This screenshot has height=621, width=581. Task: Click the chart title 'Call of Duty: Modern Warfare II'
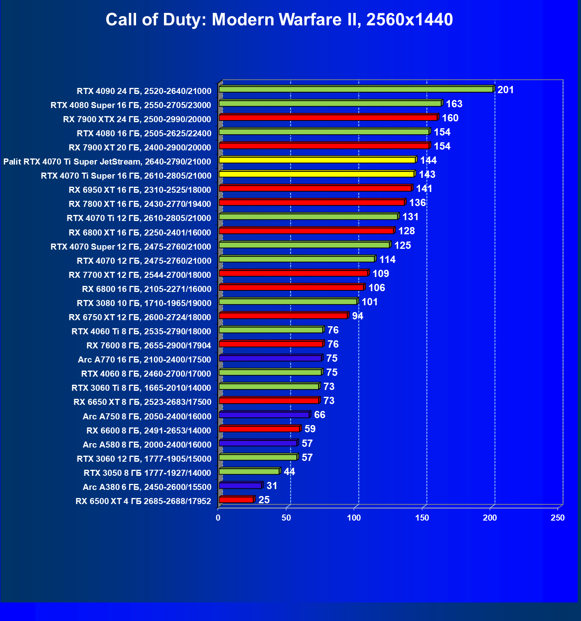[279, 19]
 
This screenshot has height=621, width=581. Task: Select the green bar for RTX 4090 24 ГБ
[355, 89]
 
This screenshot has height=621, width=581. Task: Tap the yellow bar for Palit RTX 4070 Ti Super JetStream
[317, 160]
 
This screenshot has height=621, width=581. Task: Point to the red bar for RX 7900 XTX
[328, 117]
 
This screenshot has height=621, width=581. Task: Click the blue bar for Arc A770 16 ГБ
[270, 358]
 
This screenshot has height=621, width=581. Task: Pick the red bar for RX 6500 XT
[236, 500]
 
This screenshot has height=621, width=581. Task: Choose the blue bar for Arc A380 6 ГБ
[240, 486]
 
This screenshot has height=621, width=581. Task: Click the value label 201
[505, 90]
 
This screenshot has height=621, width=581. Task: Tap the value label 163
[454, 104]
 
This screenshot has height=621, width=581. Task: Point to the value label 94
[357, 316]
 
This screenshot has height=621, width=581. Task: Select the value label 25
[264, 500]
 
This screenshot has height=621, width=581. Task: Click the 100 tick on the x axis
[354, 518]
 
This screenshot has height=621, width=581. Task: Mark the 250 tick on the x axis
[558, 518]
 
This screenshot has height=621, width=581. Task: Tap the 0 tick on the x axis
[218, 518]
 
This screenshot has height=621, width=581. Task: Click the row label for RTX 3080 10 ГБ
[144, 303]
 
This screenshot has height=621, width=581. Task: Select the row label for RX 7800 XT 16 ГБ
[140, 204]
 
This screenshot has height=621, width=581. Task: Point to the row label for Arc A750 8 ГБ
[147, 417]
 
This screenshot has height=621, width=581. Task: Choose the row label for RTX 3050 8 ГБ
[147, 473]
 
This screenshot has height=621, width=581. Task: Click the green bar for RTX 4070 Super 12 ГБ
[304, 245]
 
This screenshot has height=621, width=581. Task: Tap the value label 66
[319, 415]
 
